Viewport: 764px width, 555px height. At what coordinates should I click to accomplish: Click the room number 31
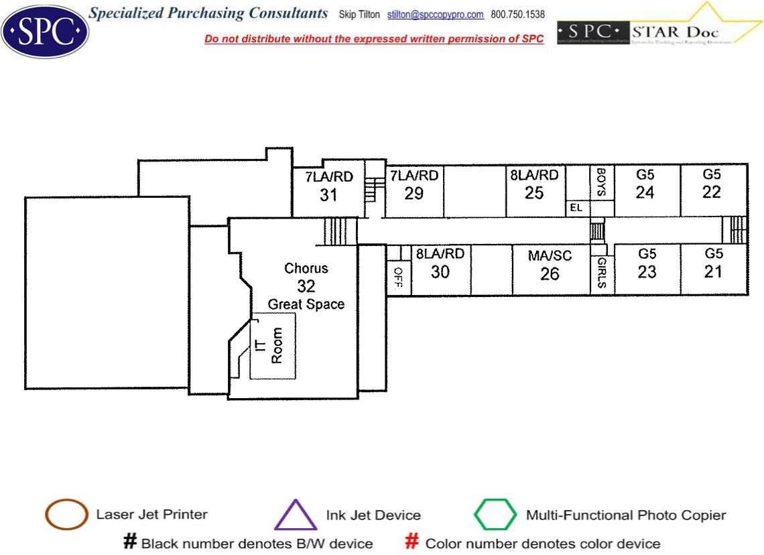click(328, 195)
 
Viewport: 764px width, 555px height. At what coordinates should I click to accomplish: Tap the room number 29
click(414, 193)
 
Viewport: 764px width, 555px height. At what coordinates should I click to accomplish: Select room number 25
click(534, 193)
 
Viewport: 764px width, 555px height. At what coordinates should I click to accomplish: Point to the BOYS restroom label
click(601, 182)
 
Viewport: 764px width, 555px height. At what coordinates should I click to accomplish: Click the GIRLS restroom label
click(601, 273)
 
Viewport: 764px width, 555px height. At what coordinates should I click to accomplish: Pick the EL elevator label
click(575, 208)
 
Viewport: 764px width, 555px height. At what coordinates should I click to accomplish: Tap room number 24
click(645, 192)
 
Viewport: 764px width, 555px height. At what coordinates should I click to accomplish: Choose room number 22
click(712, 192)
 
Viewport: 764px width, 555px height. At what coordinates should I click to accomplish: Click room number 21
click(714, 271)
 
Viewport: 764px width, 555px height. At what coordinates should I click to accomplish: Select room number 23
click(647, 271)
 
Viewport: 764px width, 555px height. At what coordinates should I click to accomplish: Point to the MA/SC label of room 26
click(550, 256)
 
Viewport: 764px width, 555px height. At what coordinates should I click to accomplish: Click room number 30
click(440, 272)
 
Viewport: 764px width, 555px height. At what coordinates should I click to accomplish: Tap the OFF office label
click(398, 276)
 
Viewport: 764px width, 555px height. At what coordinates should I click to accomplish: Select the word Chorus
click(306, 268)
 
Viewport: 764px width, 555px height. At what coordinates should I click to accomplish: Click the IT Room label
click(269, 346)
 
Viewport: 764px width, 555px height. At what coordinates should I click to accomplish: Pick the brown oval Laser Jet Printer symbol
click(66, 515)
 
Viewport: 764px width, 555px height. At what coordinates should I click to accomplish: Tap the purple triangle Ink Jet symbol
click(296, 515)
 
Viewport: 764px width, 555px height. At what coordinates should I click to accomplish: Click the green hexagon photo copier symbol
click(496, 515)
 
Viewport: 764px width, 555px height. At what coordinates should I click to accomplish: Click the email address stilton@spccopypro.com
click(436, 15)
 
